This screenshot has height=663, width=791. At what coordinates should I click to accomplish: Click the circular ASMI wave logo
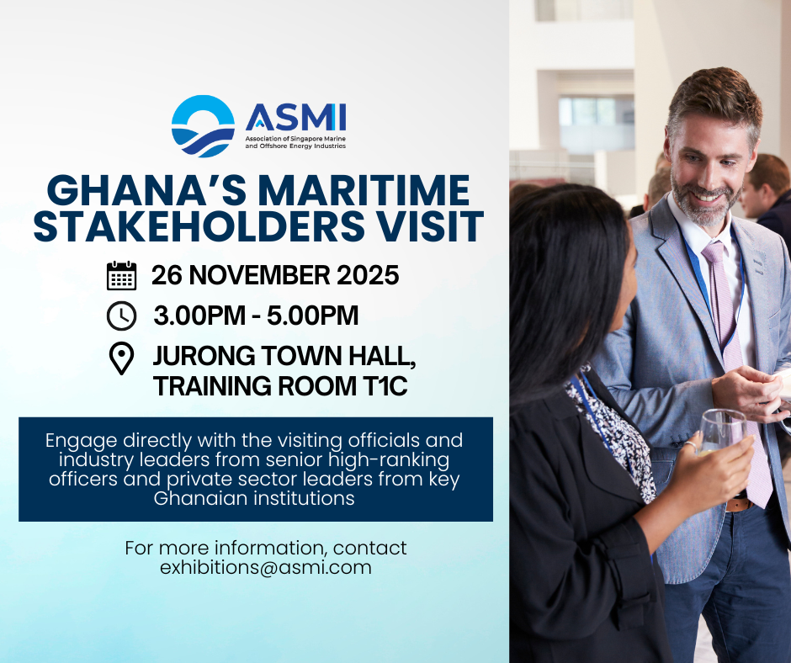[203, 126]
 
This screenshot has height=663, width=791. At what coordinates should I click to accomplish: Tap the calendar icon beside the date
[121, 275]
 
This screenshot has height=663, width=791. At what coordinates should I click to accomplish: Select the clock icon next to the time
[121, 316]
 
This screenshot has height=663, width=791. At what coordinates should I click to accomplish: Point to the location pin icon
[121, 358]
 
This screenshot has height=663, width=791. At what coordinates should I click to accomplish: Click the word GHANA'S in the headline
[146, 190]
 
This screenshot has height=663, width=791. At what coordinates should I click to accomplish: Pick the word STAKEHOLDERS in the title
[199, 225]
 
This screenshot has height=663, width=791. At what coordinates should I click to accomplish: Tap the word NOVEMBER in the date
[260, 275]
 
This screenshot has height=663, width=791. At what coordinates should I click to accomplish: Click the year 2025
[368, 275]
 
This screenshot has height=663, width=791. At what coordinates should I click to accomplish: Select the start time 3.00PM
[199, 316]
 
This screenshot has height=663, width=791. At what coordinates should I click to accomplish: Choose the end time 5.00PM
[313, 316]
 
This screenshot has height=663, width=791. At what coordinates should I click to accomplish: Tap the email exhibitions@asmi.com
[266, 568]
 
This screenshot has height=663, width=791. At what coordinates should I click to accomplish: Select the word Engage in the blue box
[82, 442]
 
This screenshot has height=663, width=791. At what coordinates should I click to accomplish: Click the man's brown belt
[740, 503]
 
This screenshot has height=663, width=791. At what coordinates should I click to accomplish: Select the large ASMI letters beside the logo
[295, 117]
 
